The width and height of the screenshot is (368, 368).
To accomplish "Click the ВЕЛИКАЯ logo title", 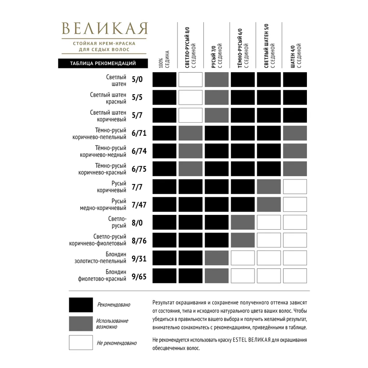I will point(105,29).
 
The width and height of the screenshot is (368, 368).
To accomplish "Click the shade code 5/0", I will point(137,80).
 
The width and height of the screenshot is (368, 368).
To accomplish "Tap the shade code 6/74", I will point(139,151).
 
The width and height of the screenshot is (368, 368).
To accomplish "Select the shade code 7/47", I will point(139,205).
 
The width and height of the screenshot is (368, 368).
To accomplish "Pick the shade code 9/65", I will point(139,276).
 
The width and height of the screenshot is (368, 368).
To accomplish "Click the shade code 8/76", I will point(139,241).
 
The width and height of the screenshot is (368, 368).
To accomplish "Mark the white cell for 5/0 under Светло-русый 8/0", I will point(190,80).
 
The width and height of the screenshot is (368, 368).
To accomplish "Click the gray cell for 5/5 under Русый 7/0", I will point(216,98).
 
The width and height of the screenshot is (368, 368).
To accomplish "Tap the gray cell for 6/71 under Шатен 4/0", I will point(295,133).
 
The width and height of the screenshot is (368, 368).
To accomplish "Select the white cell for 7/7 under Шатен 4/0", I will point(295,187).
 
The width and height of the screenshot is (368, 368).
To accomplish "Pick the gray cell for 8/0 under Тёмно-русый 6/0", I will point(243,222).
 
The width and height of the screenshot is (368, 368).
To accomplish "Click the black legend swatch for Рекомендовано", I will point(81,305).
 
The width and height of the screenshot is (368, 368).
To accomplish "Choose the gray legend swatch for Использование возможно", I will point(81,323).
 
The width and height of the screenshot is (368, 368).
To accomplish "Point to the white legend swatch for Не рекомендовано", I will point(81,343).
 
